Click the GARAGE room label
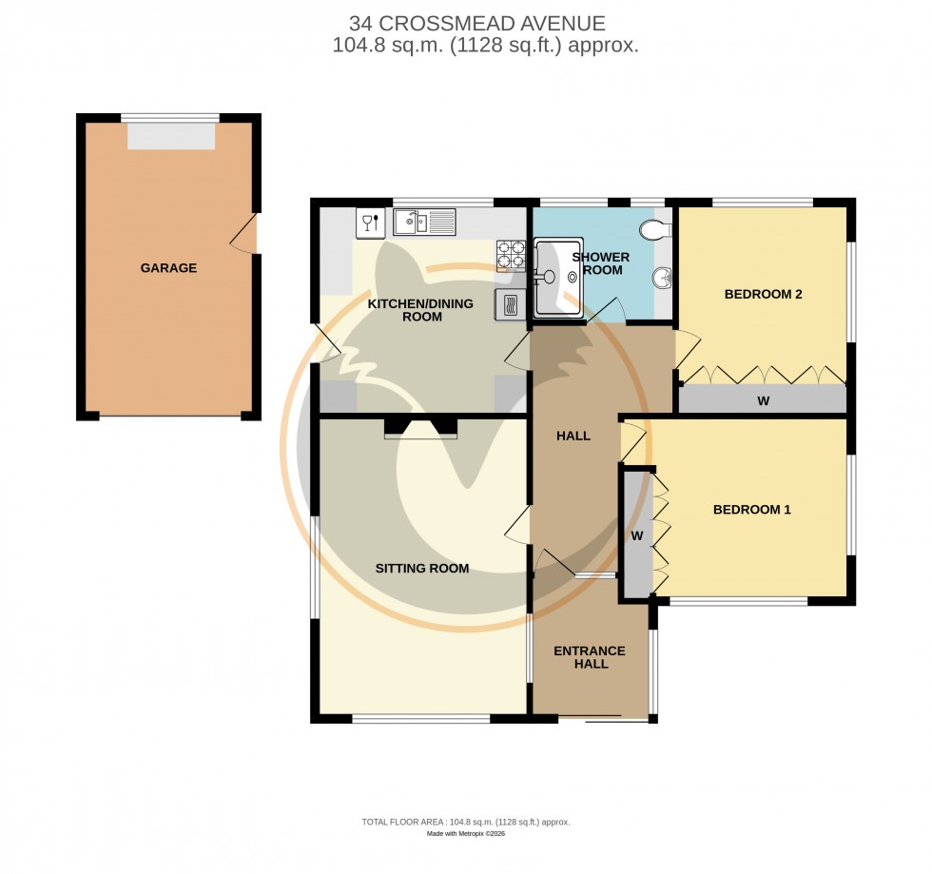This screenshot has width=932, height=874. pyautogui.click(x=168, y=268)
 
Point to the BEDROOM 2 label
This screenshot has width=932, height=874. pyautogui.click(x=763, y=294)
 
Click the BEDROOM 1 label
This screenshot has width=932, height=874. pyautogui.click(x=751, y=510)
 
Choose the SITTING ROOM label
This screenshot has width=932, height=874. pyautogui.click(x=421, y=569)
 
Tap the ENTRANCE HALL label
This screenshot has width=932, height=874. pyautogui.click(x=590, y=657)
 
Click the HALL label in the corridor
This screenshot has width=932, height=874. pyautogui.click(x=573, y=436)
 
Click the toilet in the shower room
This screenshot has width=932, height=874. pyautogui.click(x=655, y=229)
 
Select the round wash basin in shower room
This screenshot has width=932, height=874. pyautogui.click(x=662, y=279)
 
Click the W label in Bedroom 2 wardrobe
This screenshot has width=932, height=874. pyautogui.click(x=763, y=401)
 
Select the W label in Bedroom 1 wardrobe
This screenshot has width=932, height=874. pyautogui.click(x=637, y=536)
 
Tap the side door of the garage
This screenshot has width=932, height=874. pyautogui.click(x=246, y=234)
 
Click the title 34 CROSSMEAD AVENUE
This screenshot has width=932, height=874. pyautogui.click(x=476, y=24)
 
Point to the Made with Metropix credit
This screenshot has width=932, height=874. pyautogui.click(x=465, y=834)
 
